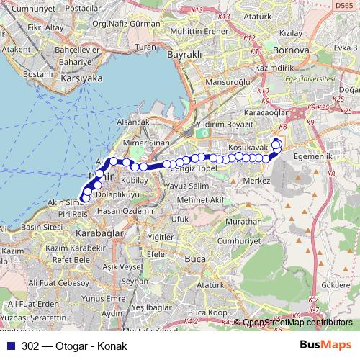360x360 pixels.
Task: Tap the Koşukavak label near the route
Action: click(247, 147)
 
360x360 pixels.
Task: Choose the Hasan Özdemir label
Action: click(116, 210)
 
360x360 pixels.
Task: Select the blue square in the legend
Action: click(14, 346)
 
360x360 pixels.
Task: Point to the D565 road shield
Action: click(344, 5)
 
